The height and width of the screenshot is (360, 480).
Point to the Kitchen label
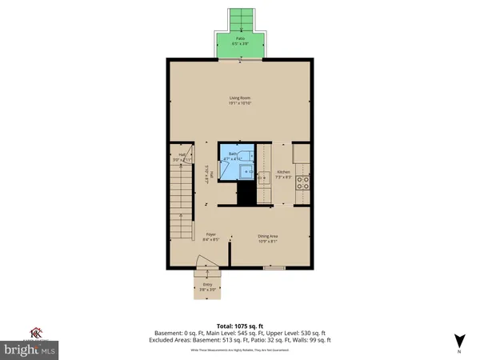(x=283, y=172)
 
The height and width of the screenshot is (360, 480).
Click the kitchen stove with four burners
(x=303, y=184)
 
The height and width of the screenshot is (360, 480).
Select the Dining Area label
(x=267, y=235)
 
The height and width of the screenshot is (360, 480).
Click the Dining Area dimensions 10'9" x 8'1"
(x=267, y=241)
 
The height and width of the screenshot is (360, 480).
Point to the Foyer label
(x=210, y=235)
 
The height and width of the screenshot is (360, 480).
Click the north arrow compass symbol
(x=458, y=340)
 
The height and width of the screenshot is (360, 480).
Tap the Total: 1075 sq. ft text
(x=240, y=326)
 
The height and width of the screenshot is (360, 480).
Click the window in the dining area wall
(x=274, y=269)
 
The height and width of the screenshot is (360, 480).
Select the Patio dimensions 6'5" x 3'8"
(x=240, y=43)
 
